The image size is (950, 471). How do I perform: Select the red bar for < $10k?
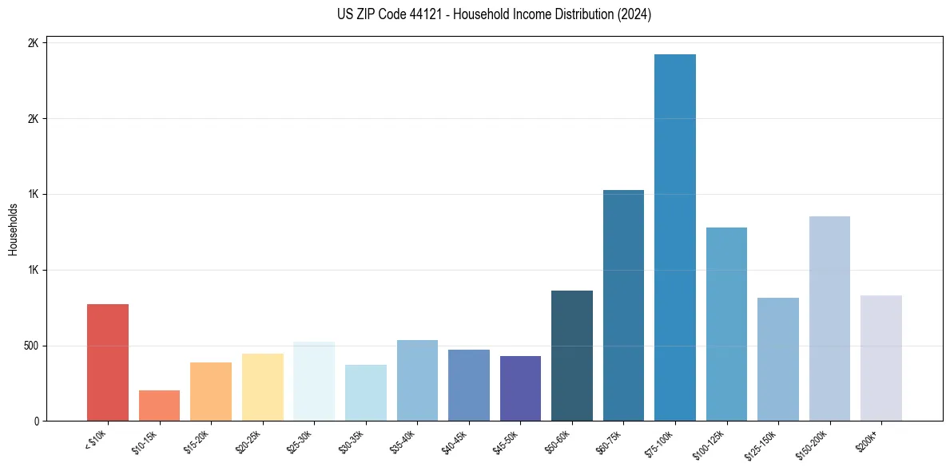click(x=108, y=362)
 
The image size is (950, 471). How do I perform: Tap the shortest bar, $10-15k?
click(x=159, y=406)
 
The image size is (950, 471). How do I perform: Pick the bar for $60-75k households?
click(x=623, y=306)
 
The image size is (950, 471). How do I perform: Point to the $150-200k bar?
click(x=829, y=319)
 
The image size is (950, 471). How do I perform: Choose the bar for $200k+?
click(x=881, y=358)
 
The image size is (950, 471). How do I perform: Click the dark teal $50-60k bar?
click(x=572, y=356)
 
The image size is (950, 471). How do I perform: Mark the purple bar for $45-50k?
click(x=520, y=389)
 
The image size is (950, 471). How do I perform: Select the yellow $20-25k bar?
click(x=262, y=387)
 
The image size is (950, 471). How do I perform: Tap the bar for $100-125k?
click(x=726, y=324)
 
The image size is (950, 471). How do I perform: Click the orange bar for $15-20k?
click(x=211, y=392)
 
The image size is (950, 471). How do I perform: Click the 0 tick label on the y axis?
click(x=35, y=422)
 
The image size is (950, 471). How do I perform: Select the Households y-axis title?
click(x=14, y=230)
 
